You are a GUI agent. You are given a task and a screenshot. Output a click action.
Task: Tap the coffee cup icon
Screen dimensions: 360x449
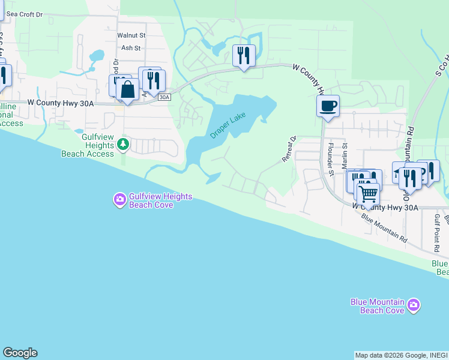coord(328,106)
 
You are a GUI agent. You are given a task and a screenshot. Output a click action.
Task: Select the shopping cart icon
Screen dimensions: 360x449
coord(367,193)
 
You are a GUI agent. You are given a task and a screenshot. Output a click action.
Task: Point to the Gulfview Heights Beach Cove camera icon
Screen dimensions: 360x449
coord(120,199)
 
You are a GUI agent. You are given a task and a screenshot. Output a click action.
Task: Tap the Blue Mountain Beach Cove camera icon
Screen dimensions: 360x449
coord(413,306)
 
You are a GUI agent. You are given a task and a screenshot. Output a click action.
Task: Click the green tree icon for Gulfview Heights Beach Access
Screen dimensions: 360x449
coord(123,143)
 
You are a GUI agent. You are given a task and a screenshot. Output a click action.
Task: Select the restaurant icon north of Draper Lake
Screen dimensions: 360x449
coord(244,56)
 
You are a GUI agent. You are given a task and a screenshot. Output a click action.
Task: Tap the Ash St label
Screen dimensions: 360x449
coord(130,48)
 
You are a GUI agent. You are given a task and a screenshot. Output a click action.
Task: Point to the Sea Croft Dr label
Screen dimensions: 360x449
coord(25,14)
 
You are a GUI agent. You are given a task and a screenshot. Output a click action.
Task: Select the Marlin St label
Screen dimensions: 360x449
coord(345,154)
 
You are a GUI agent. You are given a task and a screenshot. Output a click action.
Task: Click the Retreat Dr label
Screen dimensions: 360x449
coord(289,149)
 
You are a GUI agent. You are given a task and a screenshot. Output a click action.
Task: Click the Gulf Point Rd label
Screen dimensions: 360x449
coord(438,231)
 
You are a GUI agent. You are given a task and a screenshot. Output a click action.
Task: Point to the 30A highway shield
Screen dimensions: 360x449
coord(165,97)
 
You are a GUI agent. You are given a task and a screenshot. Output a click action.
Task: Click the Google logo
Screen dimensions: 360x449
coord(20,353)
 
